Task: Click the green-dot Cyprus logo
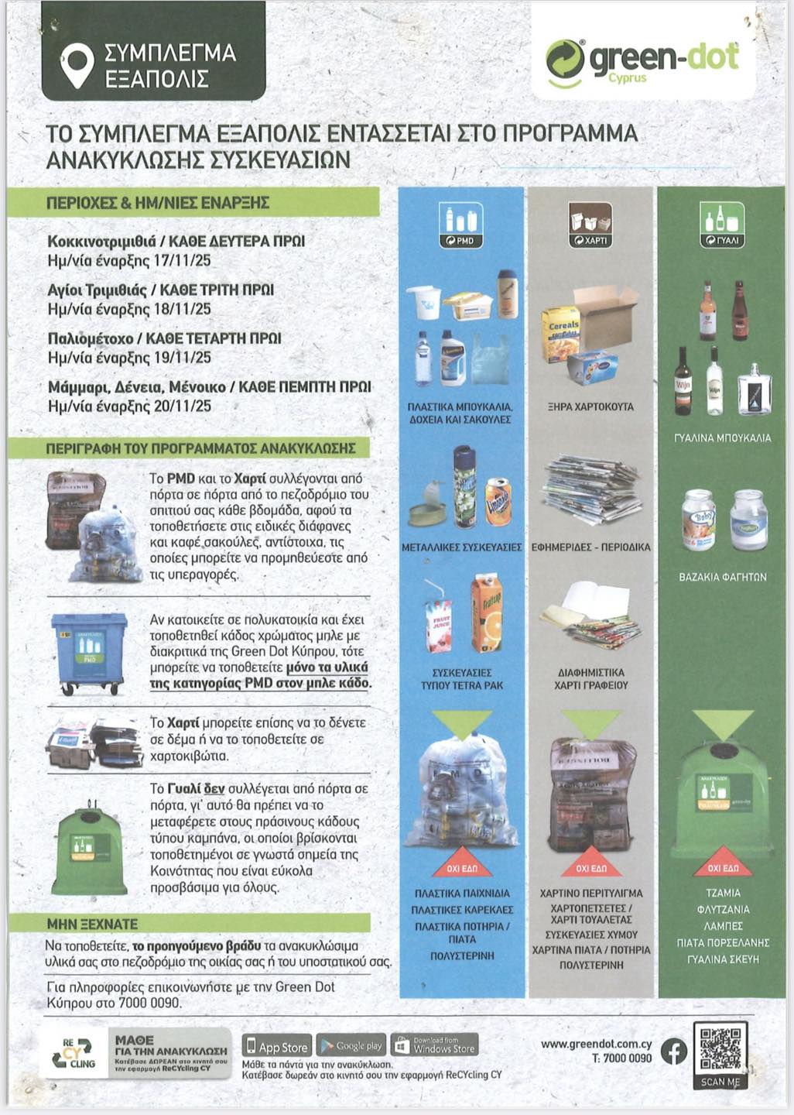642,61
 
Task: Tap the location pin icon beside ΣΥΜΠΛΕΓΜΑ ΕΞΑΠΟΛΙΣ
77,65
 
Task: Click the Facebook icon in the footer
674,1052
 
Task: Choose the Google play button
351,1046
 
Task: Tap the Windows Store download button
435,1046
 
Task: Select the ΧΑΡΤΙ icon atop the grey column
590,225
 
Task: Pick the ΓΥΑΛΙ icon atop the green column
722,225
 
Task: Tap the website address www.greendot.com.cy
596,1044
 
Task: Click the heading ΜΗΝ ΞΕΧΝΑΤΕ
92,924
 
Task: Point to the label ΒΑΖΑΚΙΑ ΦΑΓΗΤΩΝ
722,577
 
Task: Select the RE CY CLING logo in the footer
77,1054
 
